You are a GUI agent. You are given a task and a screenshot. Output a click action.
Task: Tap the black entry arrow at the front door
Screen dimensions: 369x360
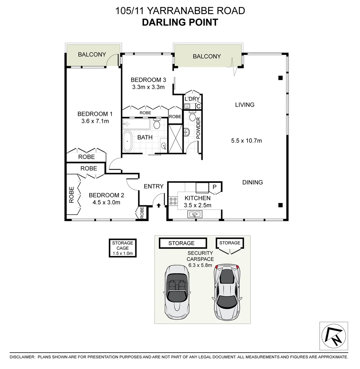click(158, 205)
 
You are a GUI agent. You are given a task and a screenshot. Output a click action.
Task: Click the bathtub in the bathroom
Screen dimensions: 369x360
click(127, 141)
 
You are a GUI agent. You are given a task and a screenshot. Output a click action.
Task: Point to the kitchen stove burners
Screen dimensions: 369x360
click(173, 201)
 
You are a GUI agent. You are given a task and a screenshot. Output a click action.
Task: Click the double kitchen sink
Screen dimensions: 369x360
click(195, 214)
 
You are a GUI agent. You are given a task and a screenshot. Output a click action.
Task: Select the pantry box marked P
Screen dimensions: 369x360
click(215, 187)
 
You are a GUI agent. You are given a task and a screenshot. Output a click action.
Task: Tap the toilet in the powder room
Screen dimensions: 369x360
click(192, 118)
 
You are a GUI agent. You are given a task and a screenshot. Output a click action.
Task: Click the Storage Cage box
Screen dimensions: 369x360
click(122, 248)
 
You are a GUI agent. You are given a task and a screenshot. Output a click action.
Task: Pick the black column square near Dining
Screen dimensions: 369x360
click(280, 205)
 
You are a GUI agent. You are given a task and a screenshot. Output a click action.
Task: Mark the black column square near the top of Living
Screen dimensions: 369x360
click(280, 78)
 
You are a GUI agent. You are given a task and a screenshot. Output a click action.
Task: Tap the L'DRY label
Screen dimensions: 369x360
click(191, 99)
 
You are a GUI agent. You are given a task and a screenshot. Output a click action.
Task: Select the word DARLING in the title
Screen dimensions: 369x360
click(162, 23)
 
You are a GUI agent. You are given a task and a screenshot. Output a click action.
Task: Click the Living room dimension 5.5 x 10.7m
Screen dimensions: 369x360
click(246, 140)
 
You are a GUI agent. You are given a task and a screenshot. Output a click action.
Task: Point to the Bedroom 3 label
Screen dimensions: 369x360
click(148, 80)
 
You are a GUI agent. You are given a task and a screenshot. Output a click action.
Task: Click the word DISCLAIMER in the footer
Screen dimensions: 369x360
click(22, 357)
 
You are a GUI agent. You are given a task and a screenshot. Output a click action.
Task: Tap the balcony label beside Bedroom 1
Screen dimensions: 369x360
click(92, 54)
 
